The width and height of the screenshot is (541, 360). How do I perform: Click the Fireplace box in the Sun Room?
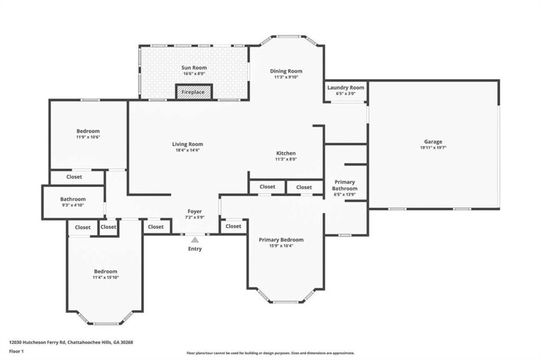click(x=193, y=92)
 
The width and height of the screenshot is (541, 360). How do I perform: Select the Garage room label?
click(x=433, y=141)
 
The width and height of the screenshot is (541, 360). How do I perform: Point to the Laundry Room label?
click(x=346, y=88)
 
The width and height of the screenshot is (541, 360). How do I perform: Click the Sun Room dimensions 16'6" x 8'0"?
click(x=194, y=74)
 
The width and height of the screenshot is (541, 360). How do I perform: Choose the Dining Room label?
click(x=286, y=71)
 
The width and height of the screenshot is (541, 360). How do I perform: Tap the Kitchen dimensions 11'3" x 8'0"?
click(x=285, y=159)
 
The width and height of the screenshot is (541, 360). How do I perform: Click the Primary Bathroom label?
click(x=344, y=185)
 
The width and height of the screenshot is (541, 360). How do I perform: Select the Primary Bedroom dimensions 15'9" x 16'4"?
click(x=281, y=245)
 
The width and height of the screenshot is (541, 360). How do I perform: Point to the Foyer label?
click(x=195, y=211)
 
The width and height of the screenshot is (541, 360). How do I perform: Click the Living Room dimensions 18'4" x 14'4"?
click(x=188, y=150)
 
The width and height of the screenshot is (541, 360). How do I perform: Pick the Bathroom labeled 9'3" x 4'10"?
click(x=73, y=202)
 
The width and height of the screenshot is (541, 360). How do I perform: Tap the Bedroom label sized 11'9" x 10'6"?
click(x=88, y=131)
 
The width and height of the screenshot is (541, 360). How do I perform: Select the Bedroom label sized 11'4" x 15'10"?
click(x=106, y=271)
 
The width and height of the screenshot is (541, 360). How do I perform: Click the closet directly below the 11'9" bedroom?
click(x=74, y=177)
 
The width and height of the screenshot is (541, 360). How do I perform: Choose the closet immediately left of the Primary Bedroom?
click(x=233, y=226)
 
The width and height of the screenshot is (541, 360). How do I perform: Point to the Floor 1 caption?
click(x=17, y=350)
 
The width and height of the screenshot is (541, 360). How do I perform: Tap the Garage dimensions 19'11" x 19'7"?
click(x=433, y=148)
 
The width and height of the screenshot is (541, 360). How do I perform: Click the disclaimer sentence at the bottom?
click(x=270, y=353)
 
